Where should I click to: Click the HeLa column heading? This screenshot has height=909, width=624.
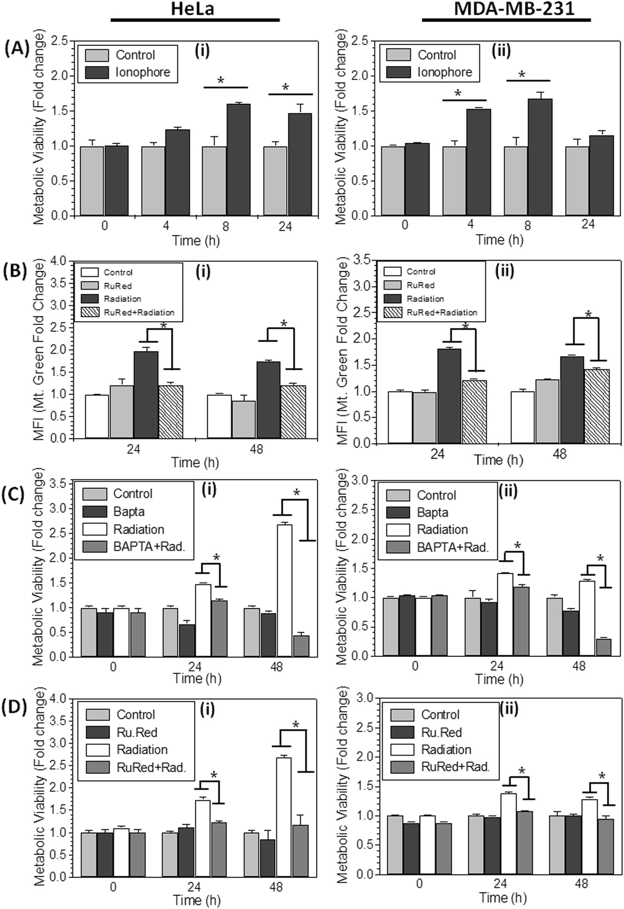(193, 9)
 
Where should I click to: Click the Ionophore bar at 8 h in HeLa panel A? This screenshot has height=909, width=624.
(238, 160)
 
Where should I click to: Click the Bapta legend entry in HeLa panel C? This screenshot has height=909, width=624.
(129, 511)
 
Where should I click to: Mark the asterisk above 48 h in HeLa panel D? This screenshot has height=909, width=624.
(296, 725)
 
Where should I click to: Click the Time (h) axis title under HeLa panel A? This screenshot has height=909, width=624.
(195, 240)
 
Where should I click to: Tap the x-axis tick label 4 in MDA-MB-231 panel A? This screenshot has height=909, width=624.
(470, 225)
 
